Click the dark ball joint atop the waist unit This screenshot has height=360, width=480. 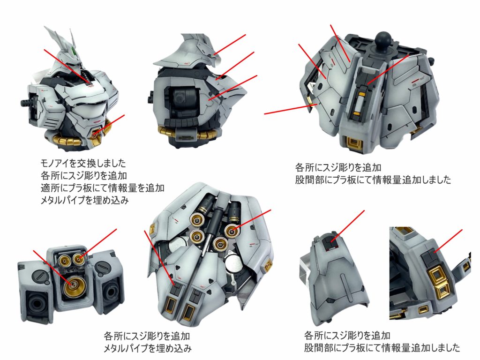(383, 40)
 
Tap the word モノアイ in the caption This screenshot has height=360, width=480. (54, 163)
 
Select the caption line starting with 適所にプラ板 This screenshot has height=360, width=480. (102, 187)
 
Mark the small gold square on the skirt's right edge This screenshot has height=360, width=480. (269, 263)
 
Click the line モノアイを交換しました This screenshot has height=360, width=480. (83, 163)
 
